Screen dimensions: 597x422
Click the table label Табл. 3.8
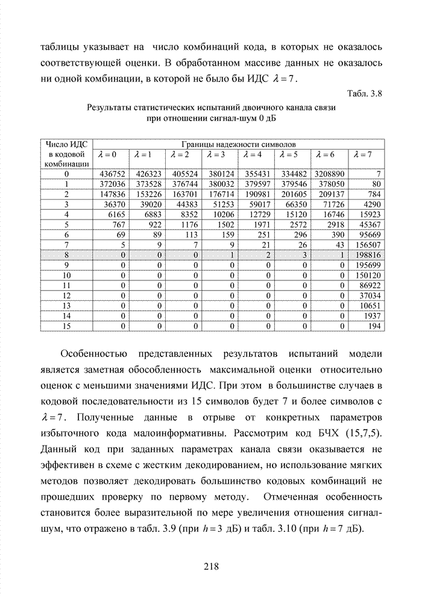click(365, 93)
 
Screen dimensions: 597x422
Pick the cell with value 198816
click(369, 255)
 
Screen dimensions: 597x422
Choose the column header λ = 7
click(364, 154)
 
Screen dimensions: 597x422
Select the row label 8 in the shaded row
click(67, 255)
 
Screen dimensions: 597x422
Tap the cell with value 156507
click(369, 245)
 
